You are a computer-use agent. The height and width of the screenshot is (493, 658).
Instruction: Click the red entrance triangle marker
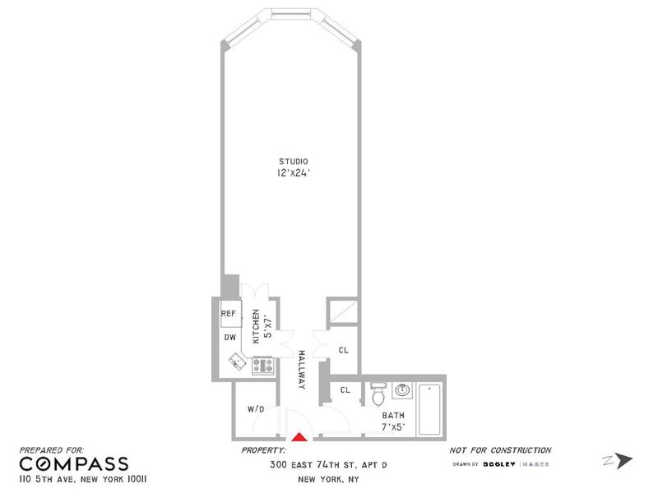pyautogui.click(x=299, y=437)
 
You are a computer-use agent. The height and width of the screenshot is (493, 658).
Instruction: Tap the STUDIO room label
pyautogui.click(x=294, y=161)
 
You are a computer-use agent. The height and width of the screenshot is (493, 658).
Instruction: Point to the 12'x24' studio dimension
pyautogui.click(x=294, y=173)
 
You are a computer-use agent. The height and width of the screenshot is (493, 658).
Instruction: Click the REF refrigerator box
pyautogui.click(x=231, y=314)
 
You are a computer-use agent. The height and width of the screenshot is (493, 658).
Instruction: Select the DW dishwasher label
pyautogui.click(x=230, y=338)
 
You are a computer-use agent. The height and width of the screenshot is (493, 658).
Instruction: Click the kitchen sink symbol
pyautogui.click(x=238, y=362)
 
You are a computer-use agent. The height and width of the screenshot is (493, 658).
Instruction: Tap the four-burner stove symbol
pyautogui.click(x=262, y=366)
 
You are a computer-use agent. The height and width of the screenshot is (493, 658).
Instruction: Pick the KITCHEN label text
pyautogui.click(x=256, y=326)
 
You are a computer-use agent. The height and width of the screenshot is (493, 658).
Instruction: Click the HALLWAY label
pyautogui.click(x=301, y=370)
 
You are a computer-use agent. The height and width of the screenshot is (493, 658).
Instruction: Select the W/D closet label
pyautogui.click(x=256, y=409)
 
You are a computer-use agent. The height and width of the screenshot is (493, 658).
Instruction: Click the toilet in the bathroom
pyautogui.click(x=378, y=394)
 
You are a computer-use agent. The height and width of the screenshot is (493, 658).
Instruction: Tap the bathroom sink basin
pyautogui.click(x=402, y=390)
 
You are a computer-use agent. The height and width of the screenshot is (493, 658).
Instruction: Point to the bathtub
pyautogui.click(x=429, y=409)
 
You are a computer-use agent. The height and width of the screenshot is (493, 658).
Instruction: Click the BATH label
pyautogui.click(x=393, y=416)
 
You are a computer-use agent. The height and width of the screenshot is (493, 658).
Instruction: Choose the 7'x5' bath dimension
pyautogui.click(x=393, y=427)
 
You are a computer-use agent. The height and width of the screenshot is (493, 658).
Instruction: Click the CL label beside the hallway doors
pyautogui.click(x=344, y=350)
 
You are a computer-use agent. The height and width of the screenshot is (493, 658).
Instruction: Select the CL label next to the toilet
pyautogui.click(x=345, y=390)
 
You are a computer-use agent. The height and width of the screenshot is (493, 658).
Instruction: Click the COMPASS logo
pyautogui.click(x=74, y=463)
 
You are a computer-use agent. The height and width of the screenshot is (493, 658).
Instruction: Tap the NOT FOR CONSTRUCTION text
pyautogui.click(x=500, y=450)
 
